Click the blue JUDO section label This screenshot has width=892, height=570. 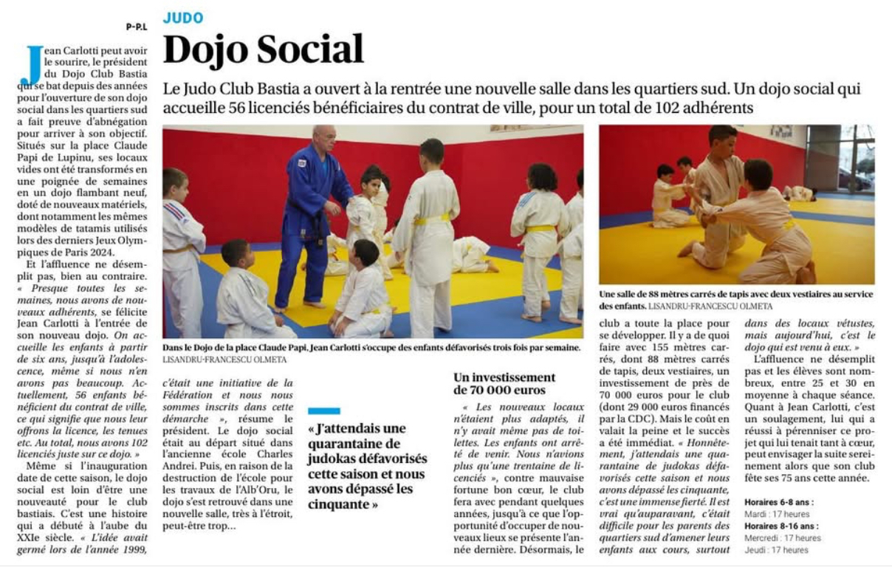183,18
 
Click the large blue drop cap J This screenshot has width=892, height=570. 32,66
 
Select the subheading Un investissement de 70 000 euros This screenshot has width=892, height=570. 504,383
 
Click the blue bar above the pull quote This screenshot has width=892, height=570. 324,411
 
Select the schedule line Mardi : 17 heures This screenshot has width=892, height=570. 777,514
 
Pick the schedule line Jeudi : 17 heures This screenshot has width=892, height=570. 776,550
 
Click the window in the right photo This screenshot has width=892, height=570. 854,159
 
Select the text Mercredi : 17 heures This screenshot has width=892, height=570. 783,538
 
